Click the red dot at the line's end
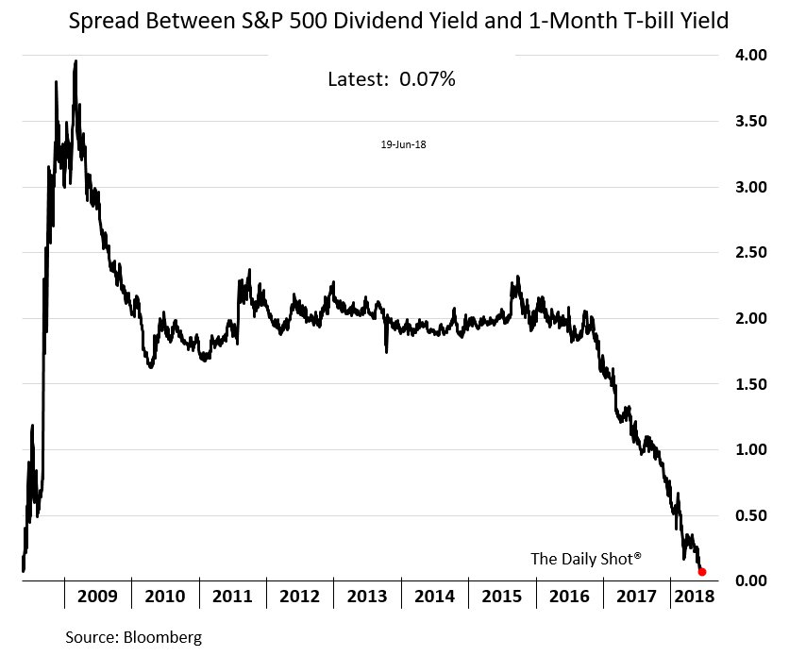pyautogui.click(x=702, y=572)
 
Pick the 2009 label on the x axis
pyautogui.click(x=98, y=597)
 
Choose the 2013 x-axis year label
pyautogui.click(x=367, y=597)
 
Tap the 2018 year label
pyautogui.click(x=694, y=597)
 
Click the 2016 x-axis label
pyautogui.click(x=569, y=597)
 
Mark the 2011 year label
pyautogui.click(x=232, y=597)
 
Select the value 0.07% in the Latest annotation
pyautogui.click(x=428, y=80)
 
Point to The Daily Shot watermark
pyautogui.click(x=586, y=559)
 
